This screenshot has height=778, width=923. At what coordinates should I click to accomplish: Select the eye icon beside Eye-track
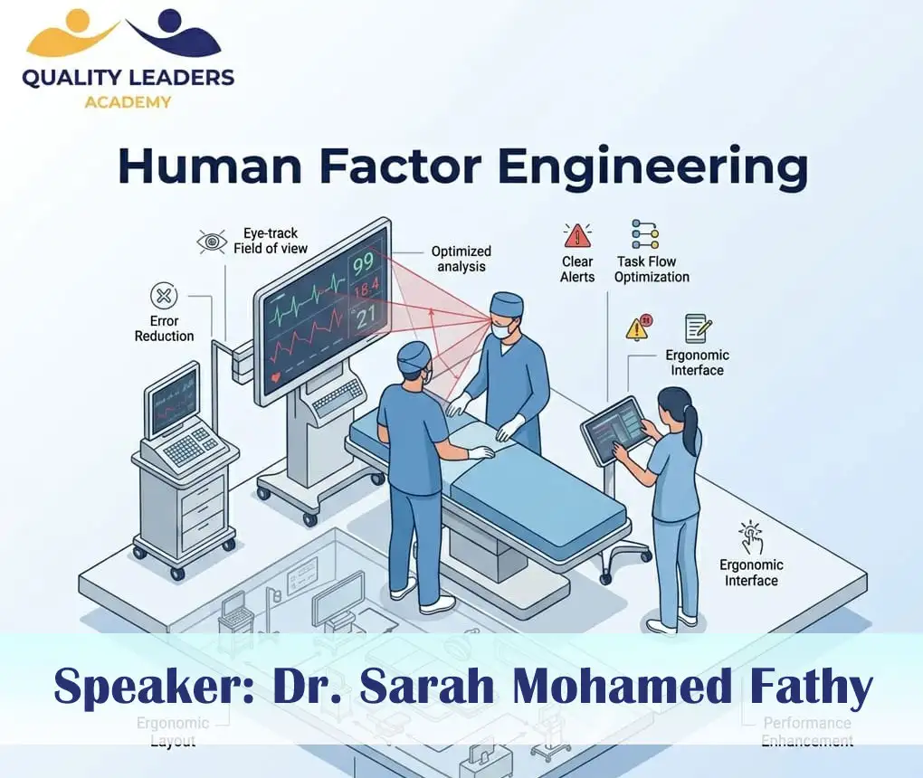click(x=212, y=242)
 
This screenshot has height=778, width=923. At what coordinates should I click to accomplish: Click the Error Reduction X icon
click(x=164, y=296)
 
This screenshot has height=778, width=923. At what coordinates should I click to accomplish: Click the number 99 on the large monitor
click(x=364, y=265)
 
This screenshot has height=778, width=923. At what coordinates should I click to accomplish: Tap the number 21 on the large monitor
click(x=365, y=317)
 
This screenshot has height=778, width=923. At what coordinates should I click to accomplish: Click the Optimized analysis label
click(x=461, y=259)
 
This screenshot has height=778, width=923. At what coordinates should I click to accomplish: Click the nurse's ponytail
click(x=692, y=432)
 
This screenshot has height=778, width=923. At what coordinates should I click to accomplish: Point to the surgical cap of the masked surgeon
click(x=508, y=302)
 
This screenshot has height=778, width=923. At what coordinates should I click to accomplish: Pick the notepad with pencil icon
click(x=697, y=327)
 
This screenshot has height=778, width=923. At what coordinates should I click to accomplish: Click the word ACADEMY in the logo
click(x=128, y=101)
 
